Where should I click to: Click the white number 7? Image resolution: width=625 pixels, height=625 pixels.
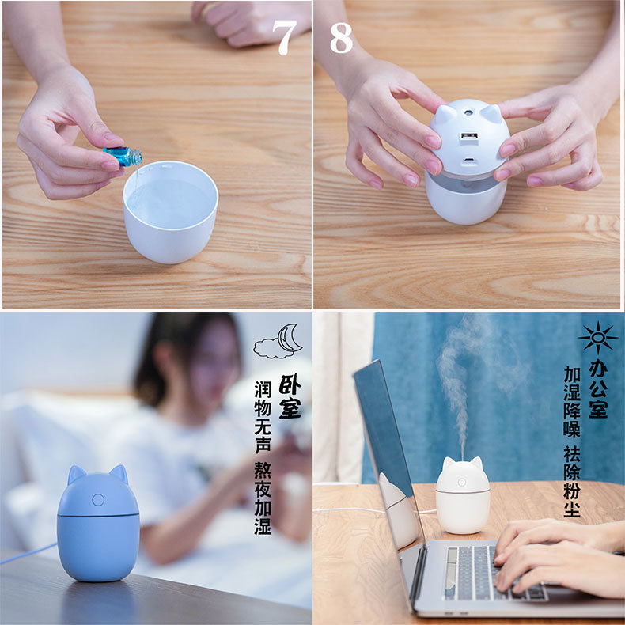285,37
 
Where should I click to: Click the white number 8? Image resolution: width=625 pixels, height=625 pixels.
341,37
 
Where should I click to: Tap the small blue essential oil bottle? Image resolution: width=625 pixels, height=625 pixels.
123,155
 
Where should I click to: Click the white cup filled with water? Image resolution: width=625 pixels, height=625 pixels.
171,212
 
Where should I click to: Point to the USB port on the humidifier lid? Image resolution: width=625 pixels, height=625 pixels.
469,136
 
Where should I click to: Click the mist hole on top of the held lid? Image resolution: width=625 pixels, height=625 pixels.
468,113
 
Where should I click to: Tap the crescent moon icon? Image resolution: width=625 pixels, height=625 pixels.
289,338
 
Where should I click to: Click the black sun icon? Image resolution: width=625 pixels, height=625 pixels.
598,338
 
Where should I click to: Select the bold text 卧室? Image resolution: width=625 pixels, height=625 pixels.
290,396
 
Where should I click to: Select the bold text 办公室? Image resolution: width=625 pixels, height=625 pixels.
598,388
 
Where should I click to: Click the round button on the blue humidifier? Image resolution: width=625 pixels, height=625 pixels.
98,499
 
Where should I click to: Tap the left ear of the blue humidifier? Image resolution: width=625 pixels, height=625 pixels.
76,475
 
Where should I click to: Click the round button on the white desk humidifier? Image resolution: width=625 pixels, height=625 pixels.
462,483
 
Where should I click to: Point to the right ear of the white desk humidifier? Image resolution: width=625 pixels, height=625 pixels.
476,464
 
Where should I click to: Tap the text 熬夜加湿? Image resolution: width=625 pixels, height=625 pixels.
263,498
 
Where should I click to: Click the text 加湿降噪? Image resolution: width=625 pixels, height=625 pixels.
572,402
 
